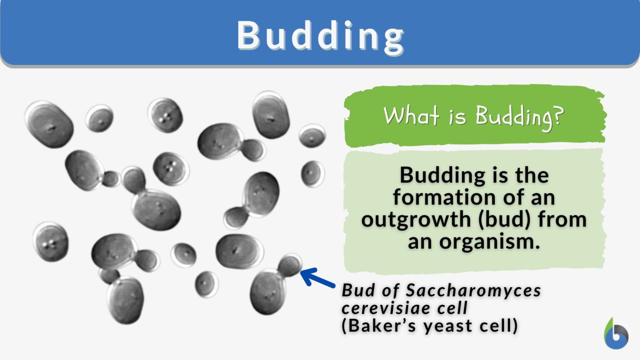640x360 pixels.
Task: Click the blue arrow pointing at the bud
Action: point(317,277)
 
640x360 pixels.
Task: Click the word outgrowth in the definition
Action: point(416,220)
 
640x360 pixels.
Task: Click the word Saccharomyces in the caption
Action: point(473,291)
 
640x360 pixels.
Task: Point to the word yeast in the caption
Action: point(448,326)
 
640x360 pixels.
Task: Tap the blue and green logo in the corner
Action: point(616,334)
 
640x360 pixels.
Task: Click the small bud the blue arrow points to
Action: point(290,265)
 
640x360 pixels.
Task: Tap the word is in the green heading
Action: point(457,117)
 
